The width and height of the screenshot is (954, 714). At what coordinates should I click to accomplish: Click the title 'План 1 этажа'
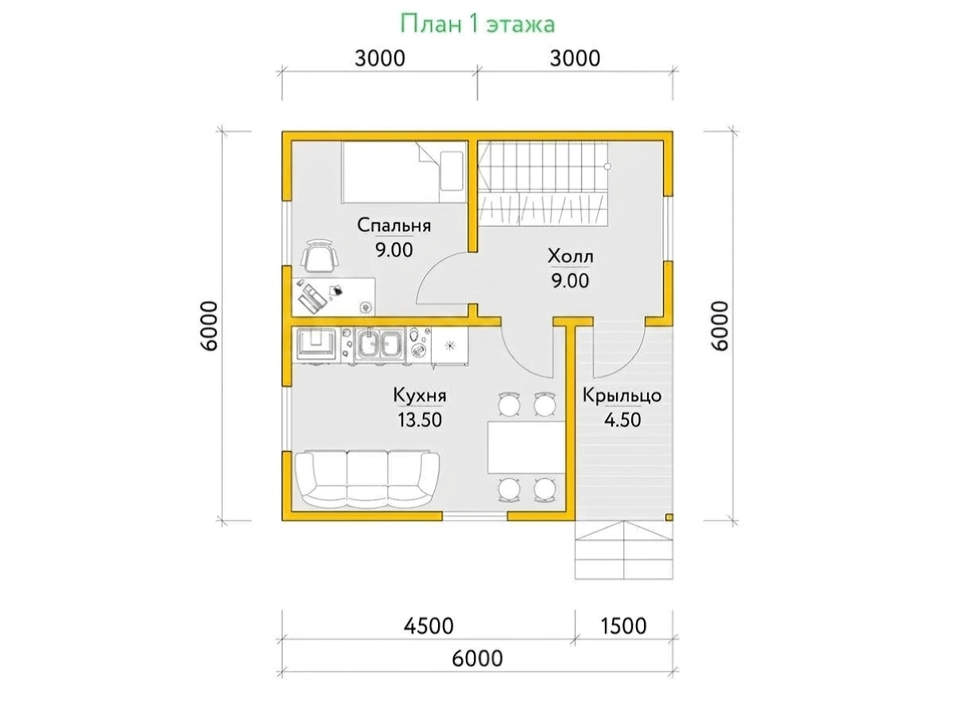coord(477,25)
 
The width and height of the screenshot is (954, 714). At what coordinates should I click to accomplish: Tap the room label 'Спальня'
coord(394,226)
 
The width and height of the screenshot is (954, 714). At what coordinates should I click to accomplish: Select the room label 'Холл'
coord(570,256)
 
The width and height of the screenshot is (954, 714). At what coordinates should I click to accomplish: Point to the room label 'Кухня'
coord(420,396)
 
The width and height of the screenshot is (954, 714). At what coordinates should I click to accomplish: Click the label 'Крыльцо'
coord(622,396)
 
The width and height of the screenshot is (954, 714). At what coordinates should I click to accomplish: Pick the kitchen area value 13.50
coord(420,419)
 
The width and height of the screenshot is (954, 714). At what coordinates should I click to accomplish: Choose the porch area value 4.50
coord(622,419)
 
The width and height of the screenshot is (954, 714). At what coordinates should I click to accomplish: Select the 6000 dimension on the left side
coord(210,326)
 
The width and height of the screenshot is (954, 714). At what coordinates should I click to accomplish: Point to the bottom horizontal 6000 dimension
coord(477,658)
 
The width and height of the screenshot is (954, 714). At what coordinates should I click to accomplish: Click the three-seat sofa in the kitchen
coord(367,480)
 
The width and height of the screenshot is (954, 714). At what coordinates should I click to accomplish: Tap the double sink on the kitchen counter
coord(380,344)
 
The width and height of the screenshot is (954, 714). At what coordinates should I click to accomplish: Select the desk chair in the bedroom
coord(320,257)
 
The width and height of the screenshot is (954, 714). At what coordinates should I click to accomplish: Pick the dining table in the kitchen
coord(526,447)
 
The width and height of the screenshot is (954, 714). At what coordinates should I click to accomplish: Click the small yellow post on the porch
coord(669,517)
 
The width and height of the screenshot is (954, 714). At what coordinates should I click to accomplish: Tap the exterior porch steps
coord(624,550)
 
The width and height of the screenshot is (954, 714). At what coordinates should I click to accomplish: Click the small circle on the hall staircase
coord(607,166)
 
